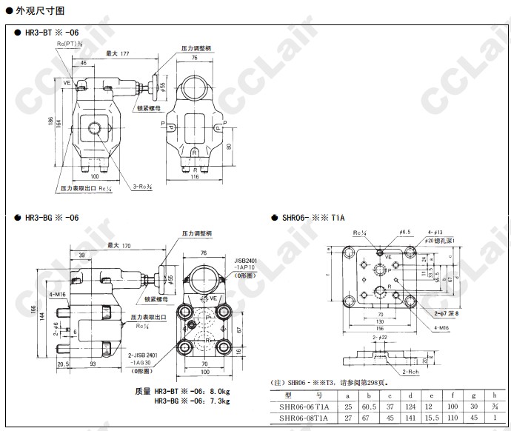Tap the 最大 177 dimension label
coord(118,53)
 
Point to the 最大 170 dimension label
coord(118,245)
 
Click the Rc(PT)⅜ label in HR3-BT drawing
coord(70,44)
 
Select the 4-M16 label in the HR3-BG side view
coord(59,294)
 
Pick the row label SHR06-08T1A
coord(304,418)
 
